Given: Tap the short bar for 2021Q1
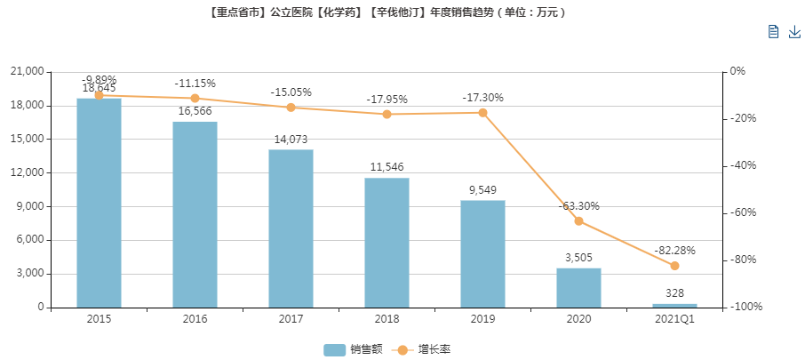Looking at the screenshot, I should tap(674, 305).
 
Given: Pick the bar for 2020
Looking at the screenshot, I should tap(578, 287).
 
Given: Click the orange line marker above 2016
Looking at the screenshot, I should tap(195, 98).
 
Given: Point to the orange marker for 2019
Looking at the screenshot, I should tap(482, 113).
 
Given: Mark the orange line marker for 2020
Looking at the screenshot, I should tap(578, 221).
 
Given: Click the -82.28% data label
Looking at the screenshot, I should tap(674, 251).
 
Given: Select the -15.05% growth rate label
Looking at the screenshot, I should tap(291, 92).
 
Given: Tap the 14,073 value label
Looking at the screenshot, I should tap(291, 139).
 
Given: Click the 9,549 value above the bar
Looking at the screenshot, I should tap(482, 189).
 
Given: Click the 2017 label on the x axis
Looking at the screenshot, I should tap(291, 318).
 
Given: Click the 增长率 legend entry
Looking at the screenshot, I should tap(421, 349).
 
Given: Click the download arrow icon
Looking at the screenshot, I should tap(794, 32).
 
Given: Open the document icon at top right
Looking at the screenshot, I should tap(773, 32).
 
